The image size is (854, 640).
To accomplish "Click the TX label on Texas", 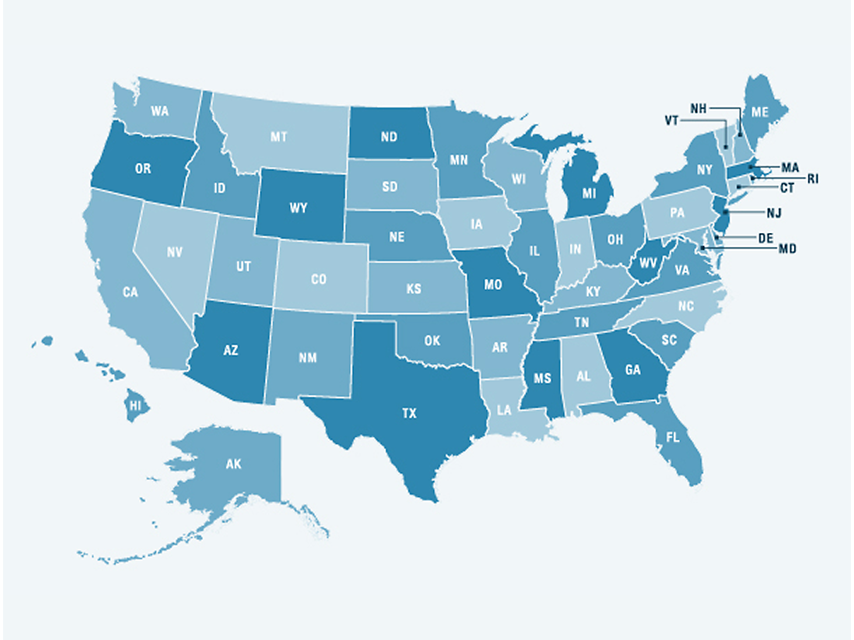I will coord(409,413).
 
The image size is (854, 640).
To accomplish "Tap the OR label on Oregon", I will coord(143,168).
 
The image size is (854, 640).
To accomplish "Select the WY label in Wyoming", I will coord(299,208).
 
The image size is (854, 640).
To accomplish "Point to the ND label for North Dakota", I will coord(389,138).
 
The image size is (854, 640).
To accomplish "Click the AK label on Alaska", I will coord(233,465).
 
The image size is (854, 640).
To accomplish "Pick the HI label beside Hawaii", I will coord(135,405).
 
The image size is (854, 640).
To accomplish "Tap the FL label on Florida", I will coord(673,438).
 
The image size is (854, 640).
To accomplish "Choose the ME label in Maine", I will coord(760,112).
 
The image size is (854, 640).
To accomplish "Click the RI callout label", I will coord(812,178).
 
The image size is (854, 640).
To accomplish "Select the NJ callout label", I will coord(773,211).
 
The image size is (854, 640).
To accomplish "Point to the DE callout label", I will coord(766,238).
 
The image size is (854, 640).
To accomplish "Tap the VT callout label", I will coord(672,121).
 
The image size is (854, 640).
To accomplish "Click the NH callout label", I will coord(699,108).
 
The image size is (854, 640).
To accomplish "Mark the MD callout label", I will coord(787,248).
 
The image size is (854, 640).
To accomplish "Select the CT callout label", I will coord(787,188).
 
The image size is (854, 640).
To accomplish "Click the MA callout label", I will coord(790,167).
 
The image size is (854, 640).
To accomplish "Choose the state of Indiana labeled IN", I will coord(575,249).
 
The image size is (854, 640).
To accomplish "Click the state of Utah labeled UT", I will coord(244,266).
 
